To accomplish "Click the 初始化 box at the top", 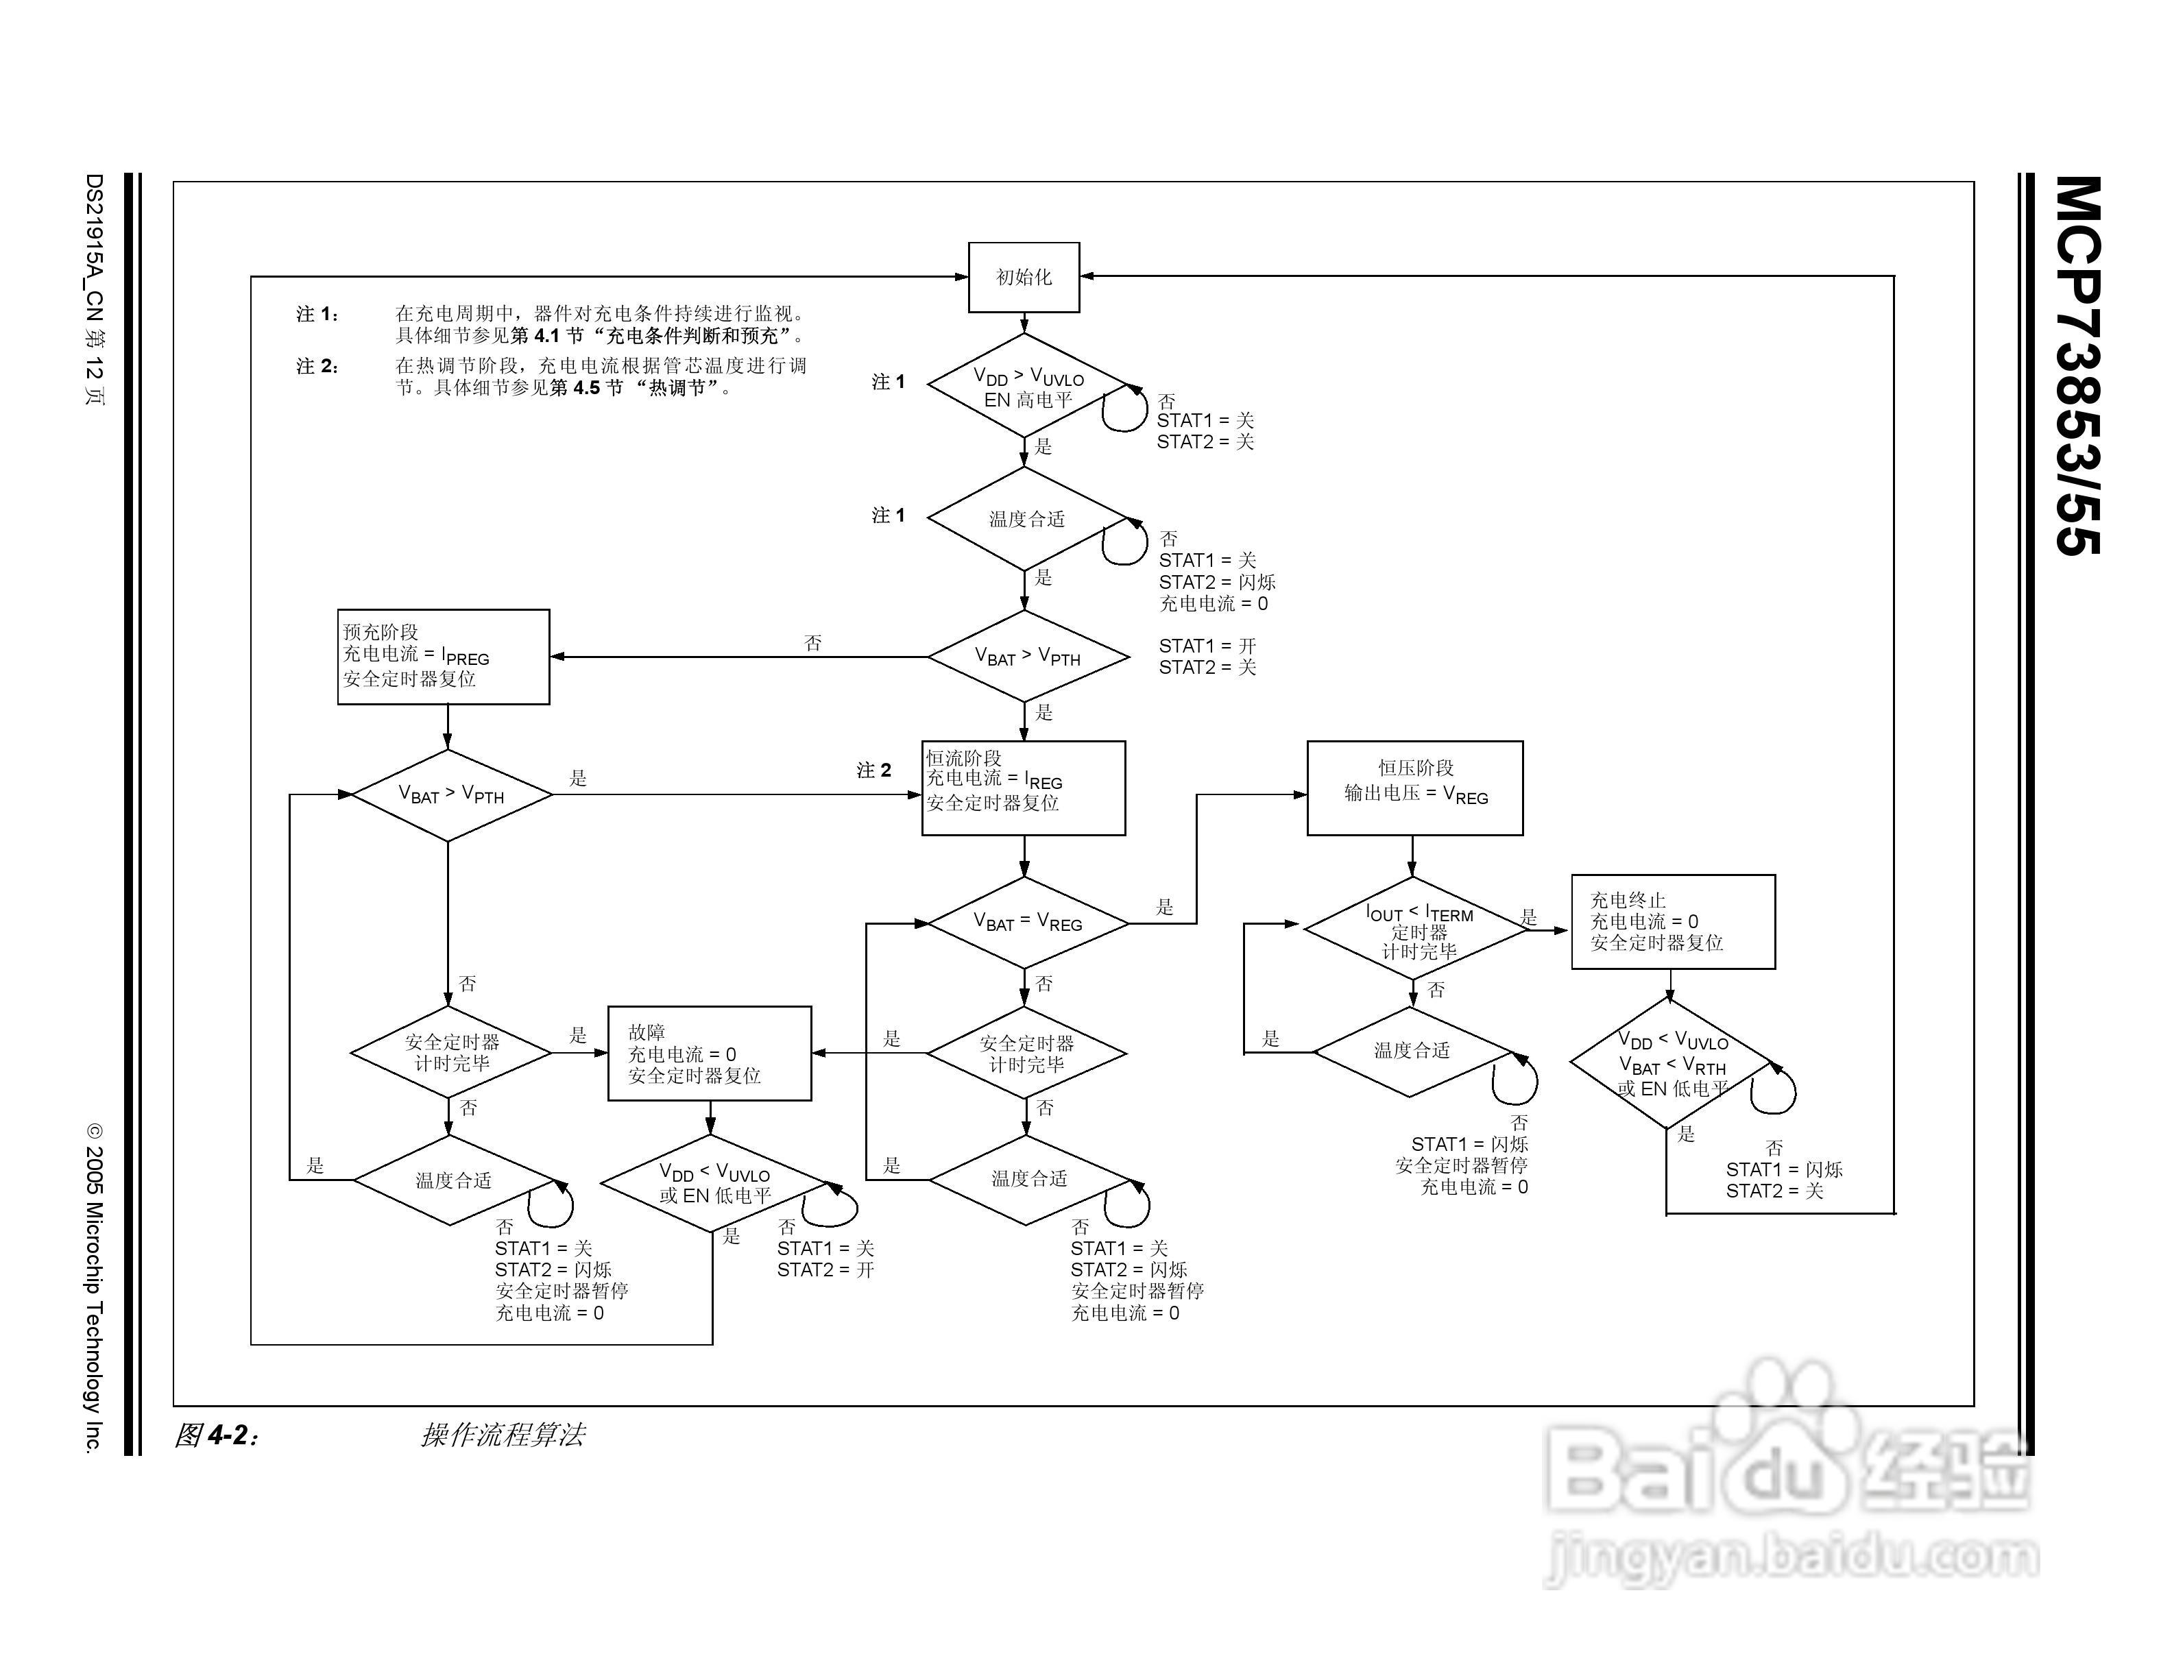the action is (1024, 278).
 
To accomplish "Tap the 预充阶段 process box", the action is (444, 657).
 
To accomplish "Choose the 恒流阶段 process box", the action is (1024, 788).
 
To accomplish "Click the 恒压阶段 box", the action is (1414, 788).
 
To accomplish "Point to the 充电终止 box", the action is (1673, 921).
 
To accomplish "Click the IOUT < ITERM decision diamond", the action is (1415, 927).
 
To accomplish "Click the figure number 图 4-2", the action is (216, 1435).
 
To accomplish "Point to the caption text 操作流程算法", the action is (503, 1435).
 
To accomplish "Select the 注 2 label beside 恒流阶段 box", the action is (874, 770).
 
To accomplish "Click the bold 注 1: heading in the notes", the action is (318, 314).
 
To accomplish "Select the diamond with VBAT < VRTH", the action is (1672, 1064).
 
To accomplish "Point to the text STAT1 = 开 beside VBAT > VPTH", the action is (1207, 646).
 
